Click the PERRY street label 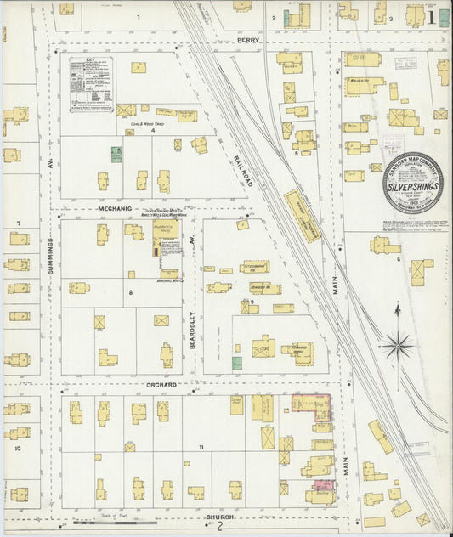tap(248, 40)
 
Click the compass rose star tap(396, 345)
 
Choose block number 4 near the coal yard tap(153, 131)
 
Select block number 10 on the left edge tap(16, 447)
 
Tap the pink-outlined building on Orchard tap(311, 407)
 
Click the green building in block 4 tap(116, 155)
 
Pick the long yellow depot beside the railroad tap(302, 215)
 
